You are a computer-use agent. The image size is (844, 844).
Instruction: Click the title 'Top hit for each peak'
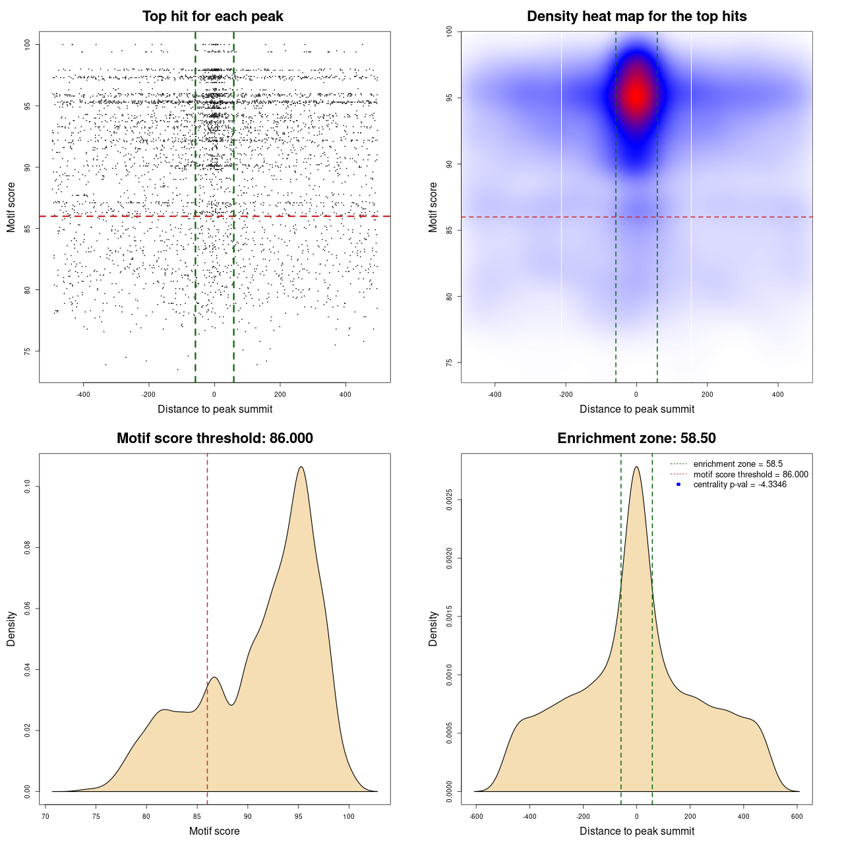coord(213,16)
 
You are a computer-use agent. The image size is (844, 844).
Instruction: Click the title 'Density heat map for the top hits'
coord(636,16)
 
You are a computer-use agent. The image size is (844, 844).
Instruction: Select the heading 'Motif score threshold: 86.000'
coord(214,438)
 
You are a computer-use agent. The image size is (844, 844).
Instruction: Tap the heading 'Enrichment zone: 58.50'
coord(636,438)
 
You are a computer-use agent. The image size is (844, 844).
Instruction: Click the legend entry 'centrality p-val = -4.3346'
coord(740,485)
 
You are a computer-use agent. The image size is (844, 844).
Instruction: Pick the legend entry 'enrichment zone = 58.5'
coord(738,464)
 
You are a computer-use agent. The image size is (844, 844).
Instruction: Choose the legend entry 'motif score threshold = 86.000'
coord(750,475)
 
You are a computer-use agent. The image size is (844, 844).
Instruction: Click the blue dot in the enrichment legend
coord(678,485)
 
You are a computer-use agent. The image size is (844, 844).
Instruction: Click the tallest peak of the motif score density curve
coord(301,467)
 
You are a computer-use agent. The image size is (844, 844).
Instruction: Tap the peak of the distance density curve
coord(636,467)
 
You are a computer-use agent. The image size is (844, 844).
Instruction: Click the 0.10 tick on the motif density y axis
coord(28,487)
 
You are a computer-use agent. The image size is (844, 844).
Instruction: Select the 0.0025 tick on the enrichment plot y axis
coord(450,500)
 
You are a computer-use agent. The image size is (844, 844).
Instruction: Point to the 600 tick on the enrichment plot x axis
coord(797,816)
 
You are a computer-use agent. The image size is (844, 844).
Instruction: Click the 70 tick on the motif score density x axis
coord(45,816)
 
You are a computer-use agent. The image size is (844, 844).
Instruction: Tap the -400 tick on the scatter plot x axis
coord(83,394)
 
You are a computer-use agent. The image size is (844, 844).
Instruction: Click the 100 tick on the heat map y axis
coord(450,31)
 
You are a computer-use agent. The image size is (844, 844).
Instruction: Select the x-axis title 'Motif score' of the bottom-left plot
coord(214,831)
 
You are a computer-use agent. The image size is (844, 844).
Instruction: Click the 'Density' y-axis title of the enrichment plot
coord(433,628)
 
